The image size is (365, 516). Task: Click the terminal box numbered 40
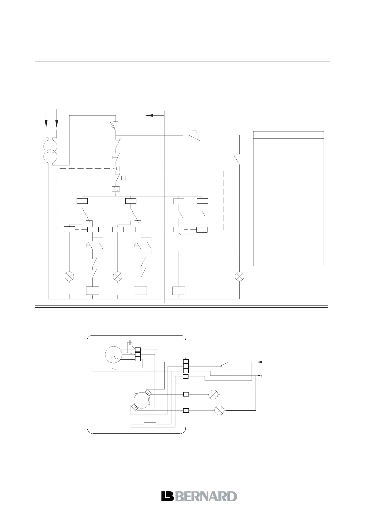point(116,168)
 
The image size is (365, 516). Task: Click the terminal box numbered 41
point(116,189)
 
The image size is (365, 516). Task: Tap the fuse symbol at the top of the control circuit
point(113,125)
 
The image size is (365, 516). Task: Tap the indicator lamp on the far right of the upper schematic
point(239,276)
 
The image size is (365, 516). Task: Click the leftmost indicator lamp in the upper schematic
point(69,276)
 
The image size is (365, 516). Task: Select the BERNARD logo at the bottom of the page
point(199,496)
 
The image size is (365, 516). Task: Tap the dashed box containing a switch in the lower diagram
point(226,364)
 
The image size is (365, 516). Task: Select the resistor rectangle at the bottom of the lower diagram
point(150,424)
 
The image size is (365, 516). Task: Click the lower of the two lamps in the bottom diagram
point(219,410)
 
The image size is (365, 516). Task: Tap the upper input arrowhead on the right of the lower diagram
point(260,362)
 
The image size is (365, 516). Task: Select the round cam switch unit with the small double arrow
point(142,401)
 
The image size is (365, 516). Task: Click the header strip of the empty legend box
point(288,135)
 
